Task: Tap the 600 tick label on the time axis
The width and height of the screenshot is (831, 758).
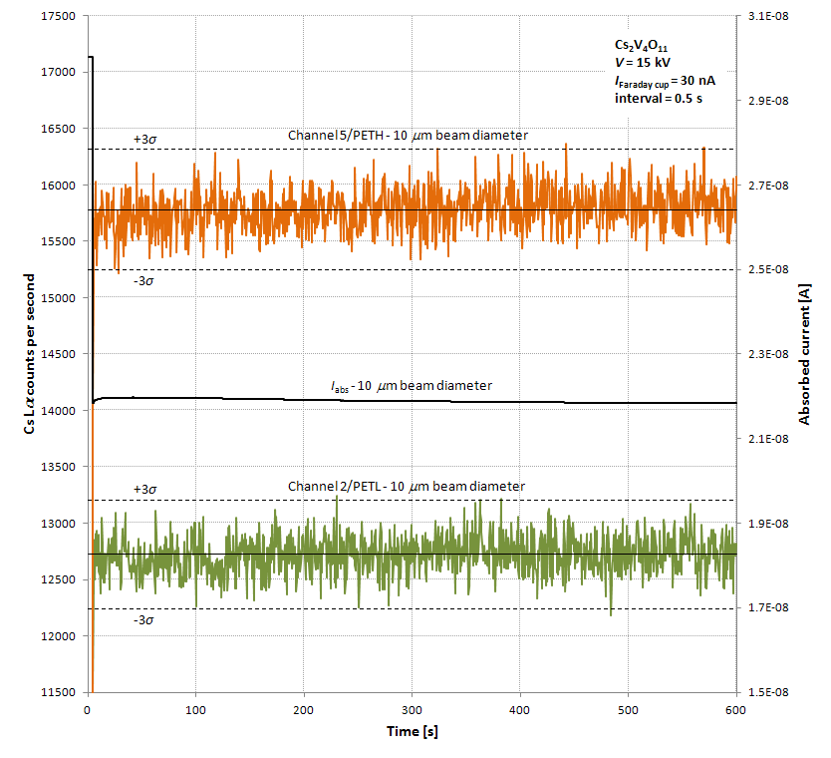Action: tap(735, 708)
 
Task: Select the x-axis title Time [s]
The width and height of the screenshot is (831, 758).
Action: tap(413, 731)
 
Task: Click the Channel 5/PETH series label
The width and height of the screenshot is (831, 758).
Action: tap(408, 135)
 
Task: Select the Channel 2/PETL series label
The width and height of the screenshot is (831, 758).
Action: tap(406, 486)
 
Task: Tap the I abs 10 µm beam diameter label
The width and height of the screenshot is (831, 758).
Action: tap(412, 385)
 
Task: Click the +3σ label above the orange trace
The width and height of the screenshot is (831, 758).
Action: tap(145, 139)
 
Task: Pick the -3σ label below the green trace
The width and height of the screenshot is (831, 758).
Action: tap(144, 619)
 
